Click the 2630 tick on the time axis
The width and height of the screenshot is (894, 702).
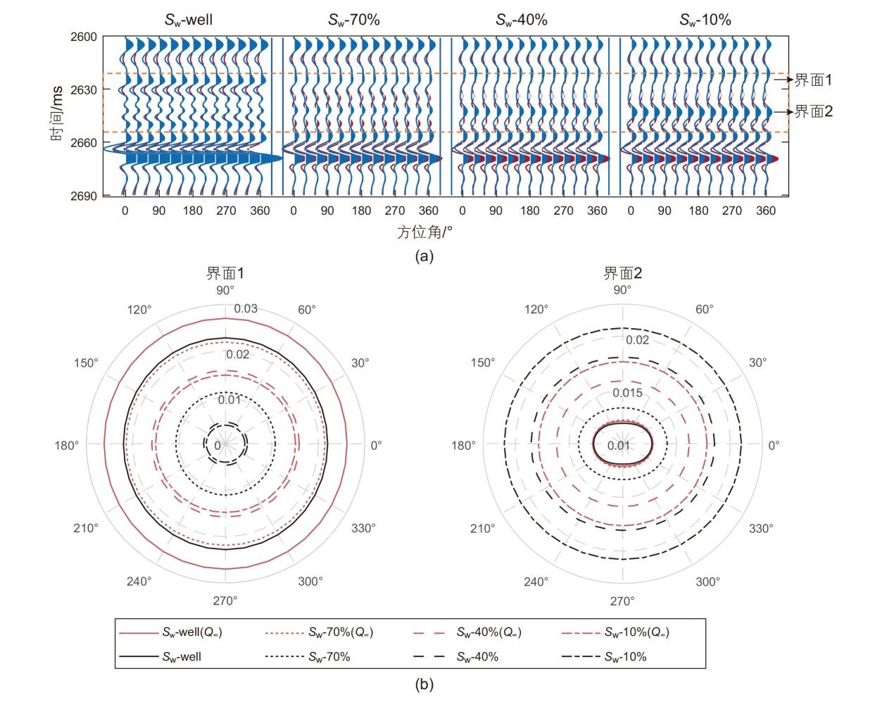click(84, 90)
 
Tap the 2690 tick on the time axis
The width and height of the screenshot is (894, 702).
click(84, 196)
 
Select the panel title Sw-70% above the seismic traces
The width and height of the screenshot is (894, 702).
click(354, 20)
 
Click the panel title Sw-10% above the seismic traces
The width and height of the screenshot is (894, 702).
click(705, 20)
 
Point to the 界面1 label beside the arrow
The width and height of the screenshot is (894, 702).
click(813, 80)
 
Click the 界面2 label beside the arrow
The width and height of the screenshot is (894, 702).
click(813, 111)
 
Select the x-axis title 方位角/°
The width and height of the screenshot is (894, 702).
click(424, 232)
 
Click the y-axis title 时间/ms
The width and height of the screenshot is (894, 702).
click(57, 113)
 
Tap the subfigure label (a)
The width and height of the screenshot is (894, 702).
click(424, 256)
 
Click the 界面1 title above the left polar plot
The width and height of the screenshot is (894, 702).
click(225, 273)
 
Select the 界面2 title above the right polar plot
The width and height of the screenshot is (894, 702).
click(623, 273)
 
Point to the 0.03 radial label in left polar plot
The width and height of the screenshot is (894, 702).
click(246, 308)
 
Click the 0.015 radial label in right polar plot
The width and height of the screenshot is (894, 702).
click(627, 393)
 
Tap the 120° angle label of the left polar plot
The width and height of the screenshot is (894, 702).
click(139, 310)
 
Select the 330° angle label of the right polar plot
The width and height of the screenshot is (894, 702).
click(761, 528)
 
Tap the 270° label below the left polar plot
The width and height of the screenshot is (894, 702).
click(225, 601)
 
